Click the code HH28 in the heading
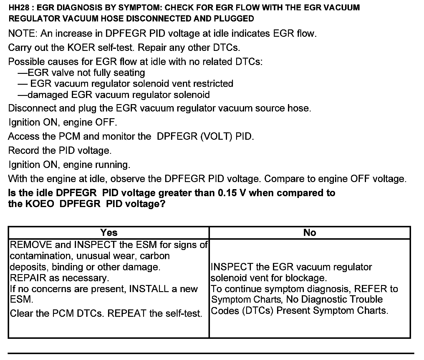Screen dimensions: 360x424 tap(18, 7)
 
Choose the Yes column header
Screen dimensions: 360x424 tap(109, 233)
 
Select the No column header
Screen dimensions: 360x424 tap(309, 233)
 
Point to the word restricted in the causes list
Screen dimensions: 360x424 tap(213, 84)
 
